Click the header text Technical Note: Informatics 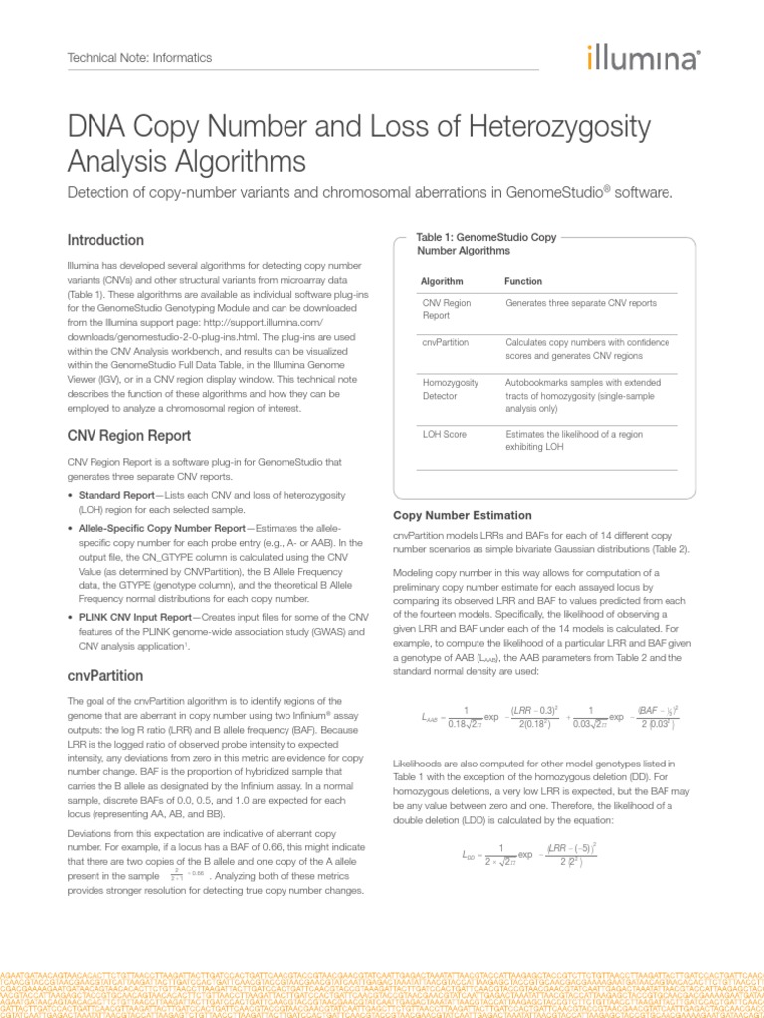(x=139, y=58)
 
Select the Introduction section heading (x=105, y=240)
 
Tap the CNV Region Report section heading (x=128, y=435)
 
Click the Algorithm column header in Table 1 (x=443, y=281)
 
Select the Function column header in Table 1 (x=523, y=281)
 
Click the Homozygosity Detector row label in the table (x=451, y=388)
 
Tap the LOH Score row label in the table (x=446, y=434)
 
